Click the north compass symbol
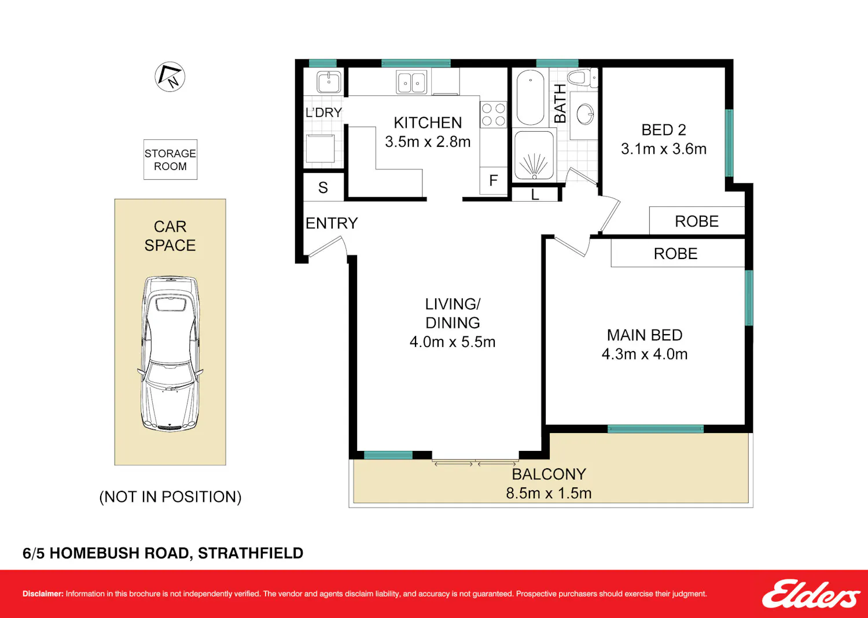pyautogui.click(x=170, y=77)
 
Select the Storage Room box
pyautogui.click(x=170, y=160)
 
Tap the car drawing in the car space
pyautogui.click(x=170, y=354)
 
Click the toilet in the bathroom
pyautogui.click(x=582, y=80)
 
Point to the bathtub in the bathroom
pyautogui.click(x=530, y=97)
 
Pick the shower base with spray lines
pyautogui.click(x=534, y=156)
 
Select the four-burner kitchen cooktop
pyautogui.click(x=493, y=114)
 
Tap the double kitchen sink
pyautogui.click(x=411, y=82)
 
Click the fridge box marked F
pyautogui.click(x=493, y=180)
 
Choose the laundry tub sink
pyautogui.click(x=329, y=82)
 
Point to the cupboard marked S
pyautogui.click(x=323, y=187)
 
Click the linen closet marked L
pyautogui.click(x=535, y=194)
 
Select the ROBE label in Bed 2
pyautogui.click(x=697, y=221)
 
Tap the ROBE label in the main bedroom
pyautogui.click(x=675, y=254)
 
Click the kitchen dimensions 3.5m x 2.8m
pyautogui.click(x=428, y=142)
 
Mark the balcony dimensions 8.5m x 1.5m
pyautogui.click(x=549, y=493)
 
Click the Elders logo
pyautogui.click(x=811, y=594)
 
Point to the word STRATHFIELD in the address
pyautogui.click(x=251, y=553)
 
